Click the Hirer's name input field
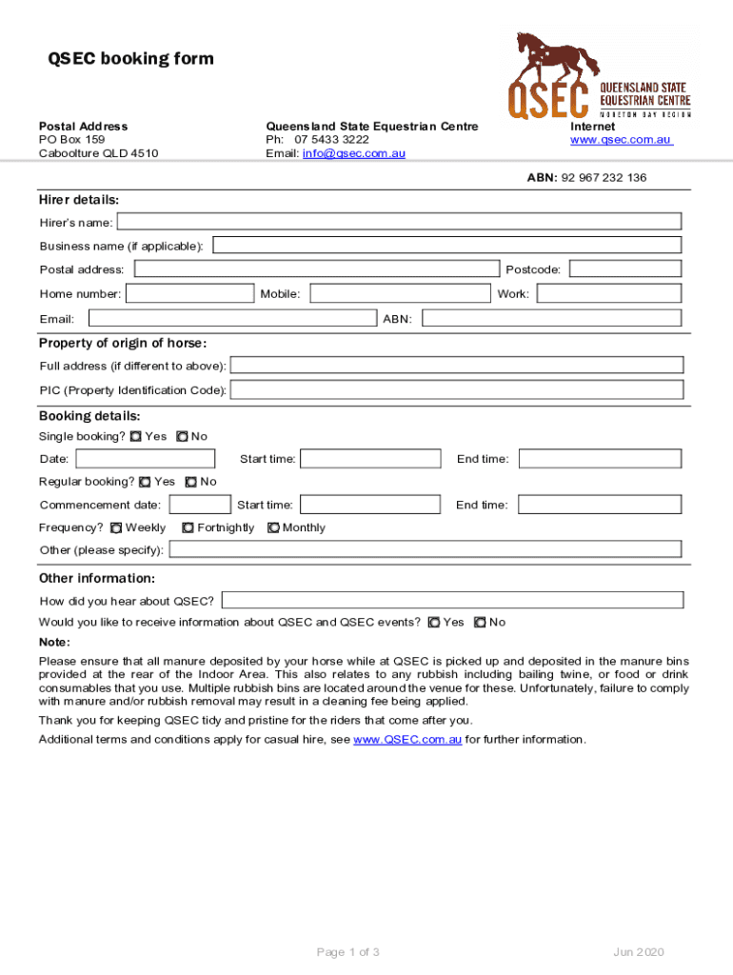pyautogui.click(x=398, y=222)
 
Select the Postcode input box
pyautogui.click(x=624, y=269)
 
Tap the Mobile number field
pyautogui.click(x=400, y=293)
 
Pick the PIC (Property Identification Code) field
pyautogui.click(x=457, y=389)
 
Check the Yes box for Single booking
pyautogui.click(x=136, y=436)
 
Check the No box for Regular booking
pyautogui.click(x=191, y=482)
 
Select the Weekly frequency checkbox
pyautogui.click(x=117, y=527)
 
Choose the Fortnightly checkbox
pyautogui.click(x=188, y=527)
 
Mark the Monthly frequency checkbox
pyautogui.click(x=274, y=527)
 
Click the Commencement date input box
pyautogui.click(x=200, y=505)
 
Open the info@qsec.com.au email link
pyautogui.click(x=354, y=153)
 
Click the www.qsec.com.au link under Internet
pyautogui.click(x=621, y=140)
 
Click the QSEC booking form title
pyautogui.click(x=131, y=59)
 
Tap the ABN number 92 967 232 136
pyautogui.click(x=604, y=178)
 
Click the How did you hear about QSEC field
pyautogui.click(x=452, y=600)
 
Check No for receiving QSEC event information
pyautogui.click(x=480, y=623)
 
